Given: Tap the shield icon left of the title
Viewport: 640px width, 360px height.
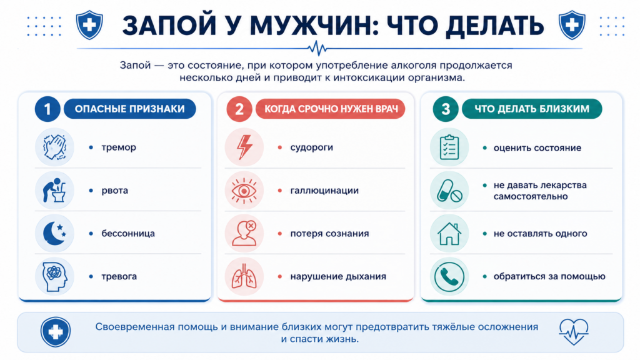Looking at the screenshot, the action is point(89,25).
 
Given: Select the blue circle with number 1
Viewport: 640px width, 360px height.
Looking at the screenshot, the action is point(47,109).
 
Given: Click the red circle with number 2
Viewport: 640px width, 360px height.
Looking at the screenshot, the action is point(239,109).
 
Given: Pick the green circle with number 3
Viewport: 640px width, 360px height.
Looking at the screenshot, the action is point(445,109).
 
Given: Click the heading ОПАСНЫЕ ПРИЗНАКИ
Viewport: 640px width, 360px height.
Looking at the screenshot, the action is point(130,109).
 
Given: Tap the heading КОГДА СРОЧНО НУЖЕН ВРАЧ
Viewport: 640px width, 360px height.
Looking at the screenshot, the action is point(331,109).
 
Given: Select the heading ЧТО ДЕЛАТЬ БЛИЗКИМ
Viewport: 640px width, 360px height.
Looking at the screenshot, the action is point(532,109).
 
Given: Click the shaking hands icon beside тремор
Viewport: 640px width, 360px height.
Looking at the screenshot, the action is point(55,147).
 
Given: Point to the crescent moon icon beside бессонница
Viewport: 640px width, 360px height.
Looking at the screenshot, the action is point(55,234).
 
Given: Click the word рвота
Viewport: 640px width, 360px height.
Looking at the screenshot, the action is point(115,191).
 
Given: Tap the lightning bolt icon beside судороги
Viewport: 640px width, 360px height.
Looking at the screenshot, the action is point(244,147).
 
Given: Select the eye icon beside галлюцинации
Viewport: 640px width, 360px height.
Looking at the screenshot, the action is point(244,191).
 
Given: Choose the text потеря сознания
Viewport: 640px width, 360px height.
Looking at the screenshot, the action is point(329,234).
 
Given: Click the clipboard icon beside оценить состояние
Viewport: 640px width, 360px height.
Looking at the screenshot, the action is point(449,147).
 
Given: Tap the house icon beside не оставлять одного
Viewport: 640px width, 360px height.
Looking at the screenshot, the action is point(449,234).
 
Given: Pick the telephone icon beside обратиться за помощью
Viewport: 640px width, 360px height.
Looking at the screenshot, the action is point(449,277).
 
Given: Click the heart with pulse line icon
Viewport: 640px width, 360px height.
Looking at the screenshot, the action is point(574,331).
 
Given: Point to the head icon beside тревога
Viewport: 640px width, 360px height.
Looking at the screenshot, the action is point(55,277).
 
